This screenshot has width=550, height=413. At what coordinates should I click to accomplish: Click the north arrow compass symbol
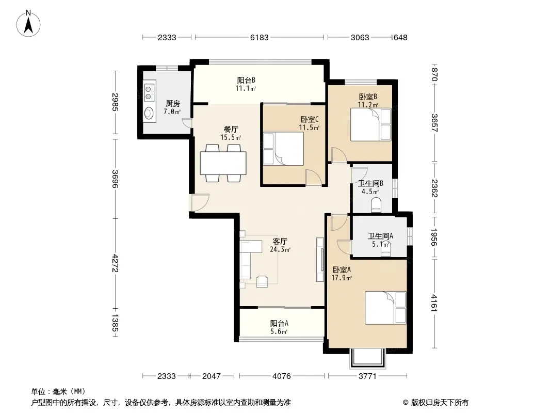pyautogui.click(x=28, y=24)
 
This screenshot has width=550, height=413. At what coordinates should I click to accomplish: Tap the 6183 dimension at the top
pyautogui.click(x=259, y=37)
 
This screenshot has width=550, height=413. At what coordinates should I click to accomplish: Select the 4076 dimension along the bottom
pyautogui.click(x=281, y=376)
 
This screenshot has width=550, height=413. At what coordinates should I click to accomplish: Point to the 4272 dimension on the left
pyautogui.click(x=115, y=263)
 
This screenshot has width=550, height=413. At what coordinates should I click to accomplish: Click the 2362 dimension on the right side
pyautogui.click(x=434, y=188)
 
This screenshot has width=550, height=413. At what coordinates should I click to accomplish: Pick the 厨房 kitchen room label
pyautogui.click(x=172, y=104)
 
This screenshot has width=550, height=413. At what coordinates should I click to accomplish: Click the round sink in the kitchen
pyautogui.click(x=149, y=113)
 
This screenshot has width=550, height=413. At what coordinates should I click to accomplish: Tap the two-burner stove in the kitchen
pyautogui.click(x=150, y=91)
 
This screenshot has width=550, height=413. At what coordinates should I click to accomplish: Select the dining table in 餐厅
pyautogui.click(x=223, y=163)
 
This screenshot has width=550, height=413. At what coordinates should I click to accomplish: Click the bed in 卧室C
pyautogui.click(x=284, y=149)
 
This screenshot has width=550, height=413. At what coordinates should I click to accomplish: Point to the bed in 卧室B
pyautogui.click(x=371, y=124)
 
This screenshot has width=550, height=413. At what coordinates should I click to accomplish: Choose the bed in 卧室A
pyautogui.click(x=385, y=308)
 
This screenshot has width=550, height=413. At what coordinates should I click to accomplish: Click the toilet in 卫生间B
pyautogui.click(x=376, y=205)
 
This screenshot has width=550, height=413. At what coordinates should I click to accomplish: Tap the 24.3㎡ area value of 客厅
pyautogui.click(x=280, y=250)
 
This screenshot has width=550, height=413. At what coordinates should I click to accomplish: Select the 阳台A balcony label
pyautogui.click(x=279, y=323)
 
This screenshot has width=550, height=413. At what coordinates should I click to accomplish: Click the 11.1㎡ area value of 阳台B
pyautogui.click(x=246, y=88)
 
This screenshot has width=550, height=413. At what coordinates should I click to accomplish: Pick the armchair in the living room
pyautogui.click(x=262, y=281)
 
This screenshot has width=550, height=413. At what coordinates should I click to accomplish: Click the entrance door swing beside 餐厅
pyautogui.click(x=199, y=203)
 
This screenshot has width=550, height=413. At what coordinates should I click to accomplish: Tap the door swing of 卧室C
pyautogui.click(x=313, y=178)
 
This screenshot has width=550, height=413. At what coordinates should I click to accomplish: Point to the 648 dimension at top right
pyautogui.click(x=400, y=37)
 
